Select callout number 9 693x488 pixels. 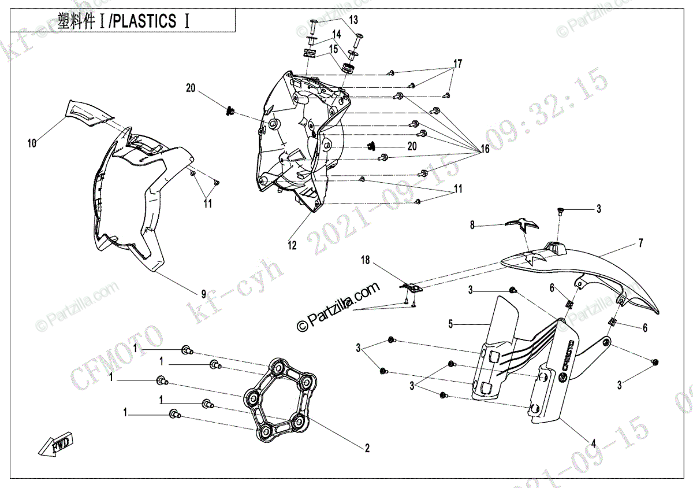point(203,292)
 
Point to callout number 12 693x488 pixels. point(292,246)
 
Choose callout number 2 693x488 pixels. point(367,448)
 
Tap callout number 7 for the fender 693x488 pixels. point(640,243)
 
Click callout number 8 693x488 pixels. point(472,225)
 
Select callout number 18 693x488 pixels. point(365,261)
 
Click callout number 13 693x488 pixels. point(353,20)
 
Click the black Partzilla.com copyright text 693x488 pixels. point(338,306)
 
